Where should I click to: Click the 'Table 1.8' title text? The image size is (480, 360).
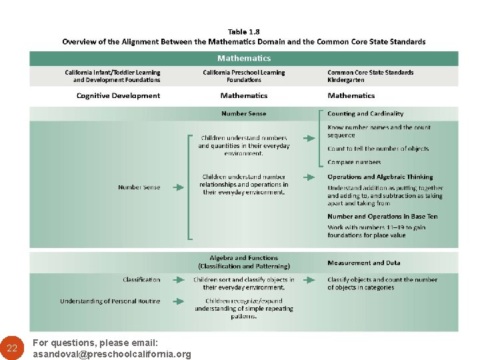244,31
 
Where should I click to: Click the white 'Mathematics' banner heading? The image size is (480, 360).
244,58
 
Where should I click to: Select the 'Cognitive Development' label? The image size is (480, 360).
118,96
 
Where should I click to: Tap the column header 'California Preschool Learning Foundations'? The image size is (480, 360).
244,76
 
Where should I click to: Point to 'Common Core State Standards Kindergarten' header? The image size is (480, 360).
370,76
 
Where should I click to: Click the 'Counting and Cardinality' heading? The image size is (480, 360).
365,114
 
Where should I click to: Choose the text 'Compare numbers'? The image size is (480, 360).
354,162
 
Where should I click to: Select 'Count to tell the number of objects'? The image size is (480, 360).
378,149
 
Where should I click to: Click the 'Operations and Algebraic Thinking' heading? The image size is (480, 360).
380,177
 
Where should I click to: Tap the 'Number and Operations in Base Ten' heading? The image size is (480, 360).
383,217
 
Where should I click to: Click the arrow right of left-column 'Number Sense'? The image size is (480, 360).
178,187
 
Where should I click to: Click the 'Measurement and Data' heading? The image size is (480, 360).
363,263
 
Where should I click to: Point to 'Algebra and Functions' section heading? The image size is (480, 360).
244,258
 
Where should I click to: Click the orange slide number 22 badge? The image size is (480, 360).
12,348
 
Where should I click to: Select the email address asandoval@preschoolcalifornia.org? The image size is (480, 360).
112,354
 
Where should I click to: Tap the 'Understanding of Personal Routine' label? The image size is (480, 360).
110,301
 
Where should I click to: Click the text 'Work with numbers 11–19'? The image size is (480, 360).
376,227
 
